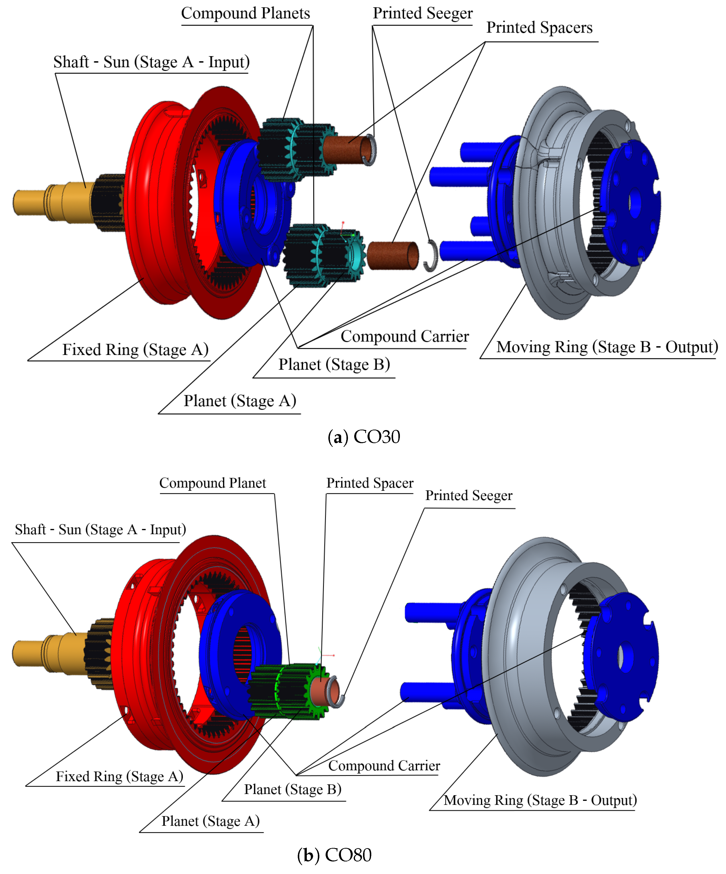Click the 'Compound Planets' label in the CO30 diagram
click(x=245, y=13)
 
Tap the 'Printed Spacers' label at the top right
click(x=539, y=28)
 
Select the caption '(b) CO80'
click(x=334, y=855)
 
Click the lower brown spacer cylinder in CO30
click(x=392, y=255)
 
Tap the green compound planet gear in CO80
click(x=287, y=691)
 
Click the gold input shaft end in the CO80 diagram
click(x=29, y=653)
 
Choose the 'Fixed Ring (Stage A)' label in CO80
click(x=119, y=777)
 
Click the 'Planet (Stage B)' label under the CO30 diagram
click(x=334, y=365)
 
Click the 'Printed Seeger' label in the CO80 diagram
click(x=468, y=495)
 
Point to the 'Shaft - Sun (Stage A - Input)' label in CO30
click(x=152, y=62)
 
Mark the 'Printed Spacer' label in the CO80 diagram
click(x=370, y=483)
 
